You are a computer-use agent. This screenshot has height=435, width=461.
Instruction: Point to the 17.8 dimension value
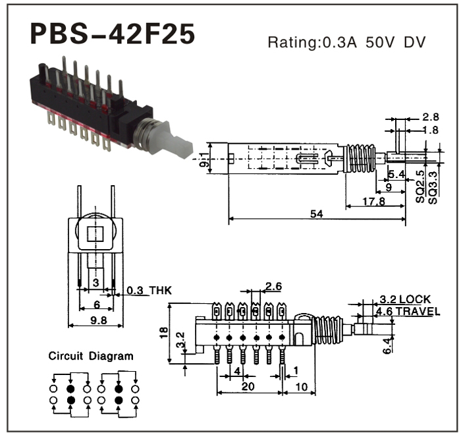point(372,201)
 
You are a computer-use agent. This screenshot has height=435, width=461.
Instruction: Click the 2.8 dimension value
point(430,117)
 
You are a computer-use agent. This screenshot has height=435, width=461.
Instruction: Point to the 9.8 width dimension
point(96,320)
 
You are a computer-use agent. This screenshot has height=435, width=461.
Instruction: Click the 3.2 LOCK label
point(404,299)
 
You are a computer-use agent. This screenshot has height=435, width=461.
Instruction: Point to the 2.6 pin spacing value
point(273,285)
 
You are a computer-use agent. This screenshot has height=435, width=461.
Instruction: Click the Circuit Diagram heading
point(91,356)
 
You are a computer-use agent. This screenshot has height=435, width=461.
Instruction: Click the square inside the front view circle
point(96,233)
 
